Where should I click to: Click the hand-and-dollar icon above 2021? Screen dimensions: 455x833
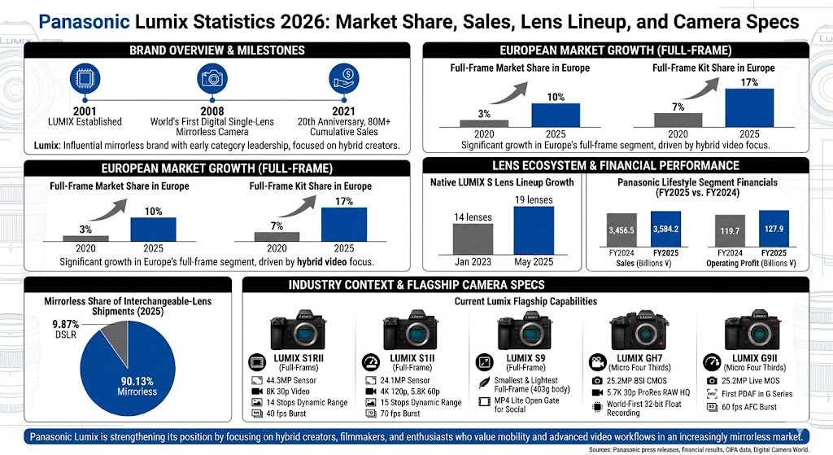pos(344,80)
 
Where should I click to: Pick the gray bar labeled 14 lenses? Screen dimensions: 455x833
pos(450,241)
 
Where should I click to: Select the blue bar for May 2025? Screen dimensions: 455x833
pos(534,231)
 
